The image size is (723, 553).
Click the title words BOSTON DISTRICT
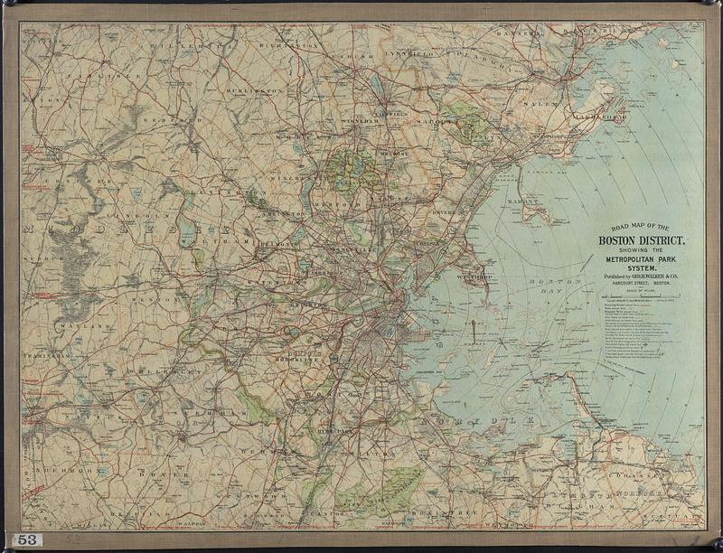click(640, 240)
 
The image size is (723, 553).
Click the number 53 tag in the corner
click(28, 539)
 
